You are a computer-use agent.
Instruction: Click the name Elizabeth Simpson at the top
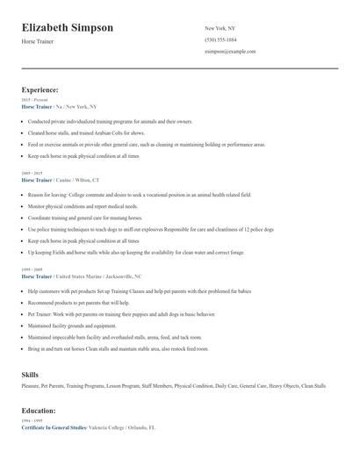coord(68,28)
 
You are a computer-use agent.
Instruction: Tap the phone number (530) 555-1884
coord(220,39)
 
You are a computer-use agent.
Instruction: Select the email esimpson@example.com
coord(230,51)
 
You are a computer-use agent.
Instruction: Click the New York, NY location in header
coord(220,28)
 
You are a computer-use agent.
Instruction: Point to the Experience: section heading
coord(40,89)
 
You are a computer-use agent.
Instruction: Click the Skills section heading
coord(30,375)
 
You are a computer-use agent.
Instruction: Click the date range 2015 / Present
coord(32,100)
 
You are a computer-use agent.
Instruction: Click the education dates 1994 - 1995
coord(32,420)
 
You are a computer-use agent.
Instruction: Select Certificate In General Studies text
coord(54,427)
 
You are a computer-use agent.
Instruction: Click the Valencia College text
coord(106,427)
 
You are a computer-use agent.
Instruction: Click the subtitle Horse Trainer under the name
coord(37,42)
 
